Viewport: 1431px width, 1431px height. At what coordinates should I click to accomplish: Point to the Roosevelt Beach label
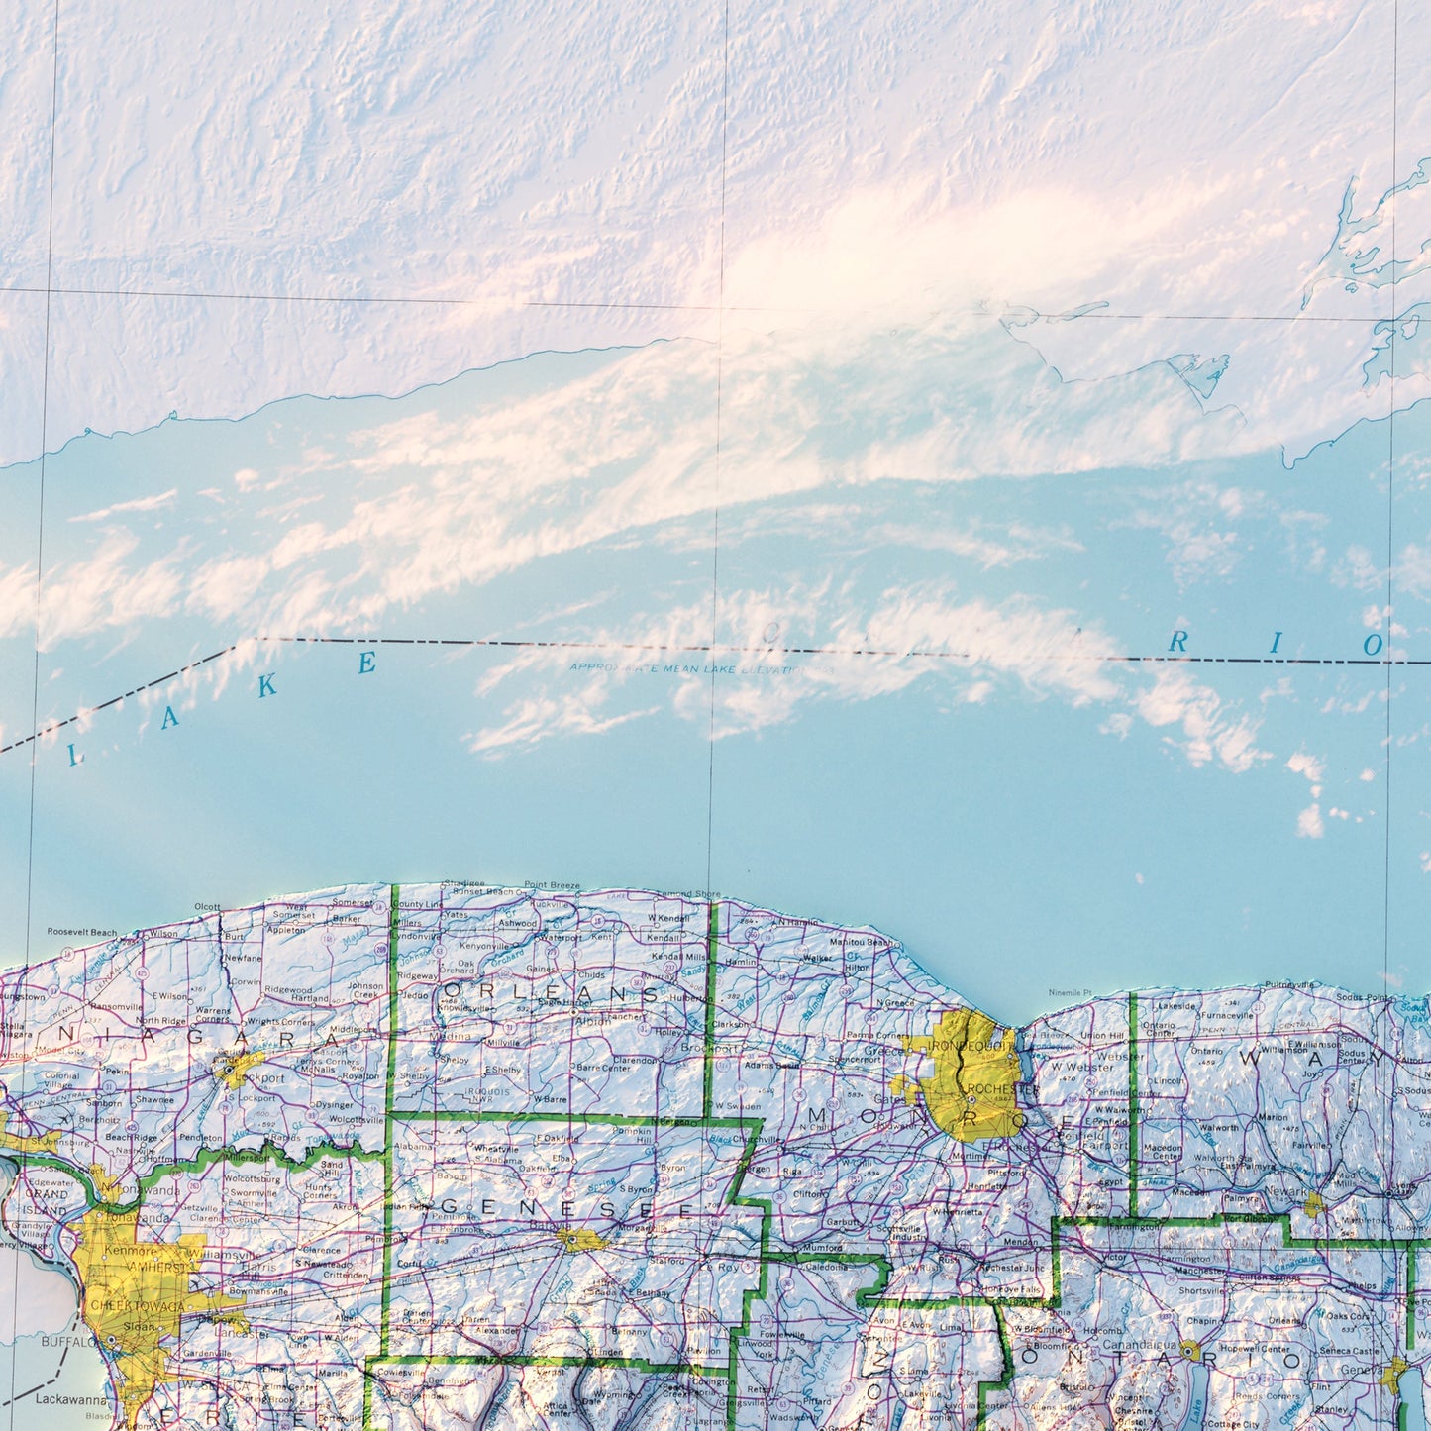[82, 932]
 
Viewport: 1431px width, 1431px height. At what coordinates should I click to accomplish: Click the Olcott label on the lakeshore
[208, 906]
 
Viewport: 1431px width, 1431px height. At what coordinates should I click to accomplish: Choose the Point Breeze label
[552, 885]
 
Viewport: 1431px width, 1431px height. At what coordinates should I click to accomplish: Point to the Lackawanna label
[70, 1400]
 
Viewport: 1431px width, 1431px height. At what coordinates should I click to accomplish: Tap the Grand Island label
[48, 1202]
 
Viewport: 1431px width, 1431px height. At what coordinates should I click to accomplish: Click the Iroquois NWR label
[486, 1094]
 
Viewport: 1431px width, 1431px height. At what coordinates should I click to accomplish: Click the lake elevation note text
[701, 669]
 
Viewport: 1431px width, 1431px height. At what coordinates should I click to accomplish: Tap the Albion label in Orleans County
[593, 1021]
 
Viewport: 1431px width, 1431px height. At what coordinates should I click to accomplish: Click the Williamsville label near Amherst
[227, 1254]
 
